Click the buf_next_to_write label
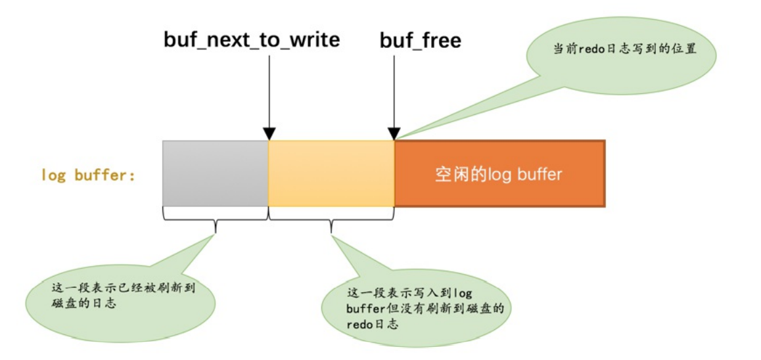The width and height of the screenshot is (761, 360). click(252, 40)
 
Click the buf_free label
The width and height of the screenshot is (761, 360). click(421, 40)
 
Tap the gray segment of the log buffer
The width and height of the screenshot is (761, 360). click(216, 173)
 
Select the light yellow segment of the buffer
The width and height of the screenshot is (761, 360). click(331, 173)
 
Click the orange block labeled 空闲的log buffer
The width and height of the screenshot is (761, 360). click(499, 174)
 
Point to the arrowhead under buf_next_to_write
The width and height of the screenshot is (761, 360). click(269, 133)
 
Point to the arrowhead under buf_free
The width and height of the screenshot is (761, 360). click(394, 133)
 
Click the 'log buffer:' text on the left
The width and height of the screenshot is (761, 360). click(87, 175)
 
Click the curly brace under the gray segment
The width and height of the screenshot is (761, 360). click(216, 223)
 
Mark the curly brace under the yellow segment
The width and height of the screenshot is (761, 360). click(331, 223)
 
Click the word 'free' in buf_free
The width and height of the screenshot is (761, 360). click(437, 40)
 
